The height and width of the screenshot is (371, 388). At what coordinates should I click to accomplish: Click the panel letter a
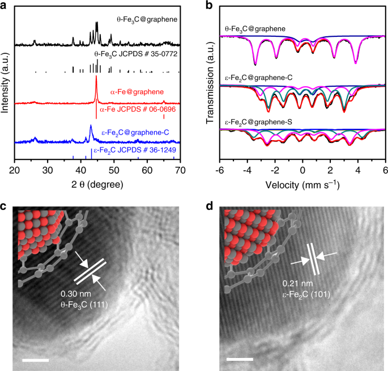tap(5, 7)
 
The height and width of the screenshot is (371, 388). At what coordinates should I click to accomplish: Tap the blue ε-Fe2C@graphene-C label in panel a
tap(135, 133)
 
